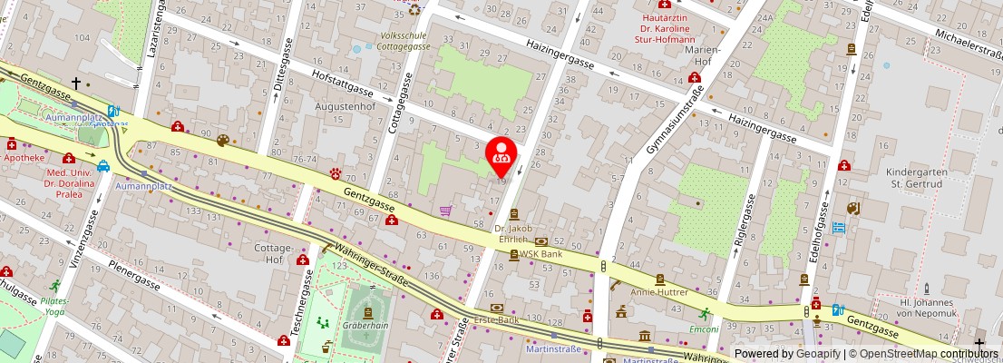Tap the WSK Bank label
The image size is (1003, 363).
pos(540,254)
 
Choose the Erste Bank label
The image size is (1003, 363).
pos(497,320)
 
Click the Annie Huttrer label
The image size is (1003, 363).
pos(659,292)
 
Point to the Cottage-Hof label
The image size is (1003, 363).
pos(272,253)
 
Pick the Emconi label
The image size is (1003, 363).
pos(704,329)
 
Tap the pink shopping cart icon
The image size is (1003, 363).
pos(445,211)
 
